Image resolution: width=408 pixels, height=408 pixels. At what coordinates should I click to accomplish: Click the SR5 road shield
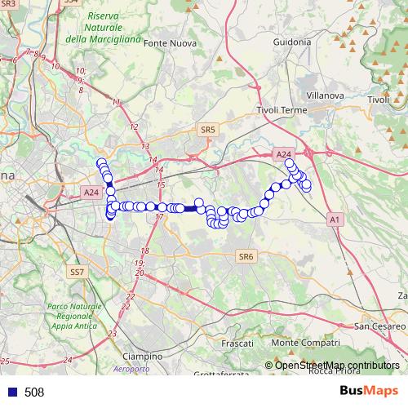coord(207,129)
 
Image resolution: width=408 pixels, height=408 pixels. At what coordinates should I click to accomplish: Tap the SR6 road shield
coord(246,256)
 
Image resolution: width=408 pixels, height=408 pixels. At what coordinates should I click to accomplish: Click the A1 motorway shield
coord(335,220)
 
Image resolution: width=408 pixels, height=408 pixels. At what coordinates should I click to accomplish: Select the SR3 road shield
coord(8,3)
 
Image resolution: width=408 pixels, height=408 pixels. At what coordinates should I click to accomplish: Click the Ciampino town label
coord(142,357)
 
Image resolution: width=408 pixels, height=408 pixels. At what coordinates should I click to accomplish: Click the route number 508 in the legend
coord(34,392)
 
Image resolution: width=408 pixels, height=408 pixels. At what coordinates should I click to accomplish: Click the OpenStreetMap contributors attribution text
coord(336,365)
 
